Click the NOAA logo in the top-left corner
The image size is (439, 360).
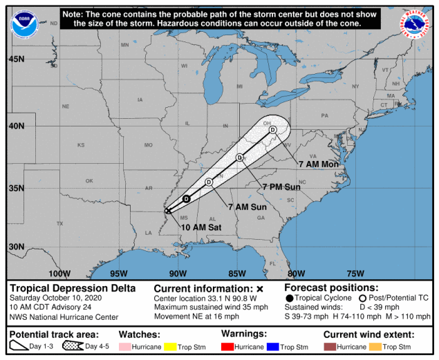(x=24, y=23)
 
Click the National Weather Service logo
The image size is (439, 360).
(x=414, y=23)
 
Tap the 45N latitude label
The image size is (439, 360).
(x=17, y=59)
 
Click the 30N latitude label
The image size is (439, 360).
(x=17, y=247)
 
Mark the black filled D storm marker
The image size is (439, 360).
(x=186, y=199)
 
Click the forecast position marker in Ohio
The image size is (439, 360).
(x=272, y=129)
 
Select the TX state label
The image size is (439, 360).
(x=59, y=223)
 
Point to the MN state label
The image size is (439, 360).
(x=125, y=46)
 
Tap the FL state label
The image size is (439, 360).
(x=272, y=263)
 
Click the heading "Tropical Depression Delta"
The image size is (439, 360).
(x=73, y=288)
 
